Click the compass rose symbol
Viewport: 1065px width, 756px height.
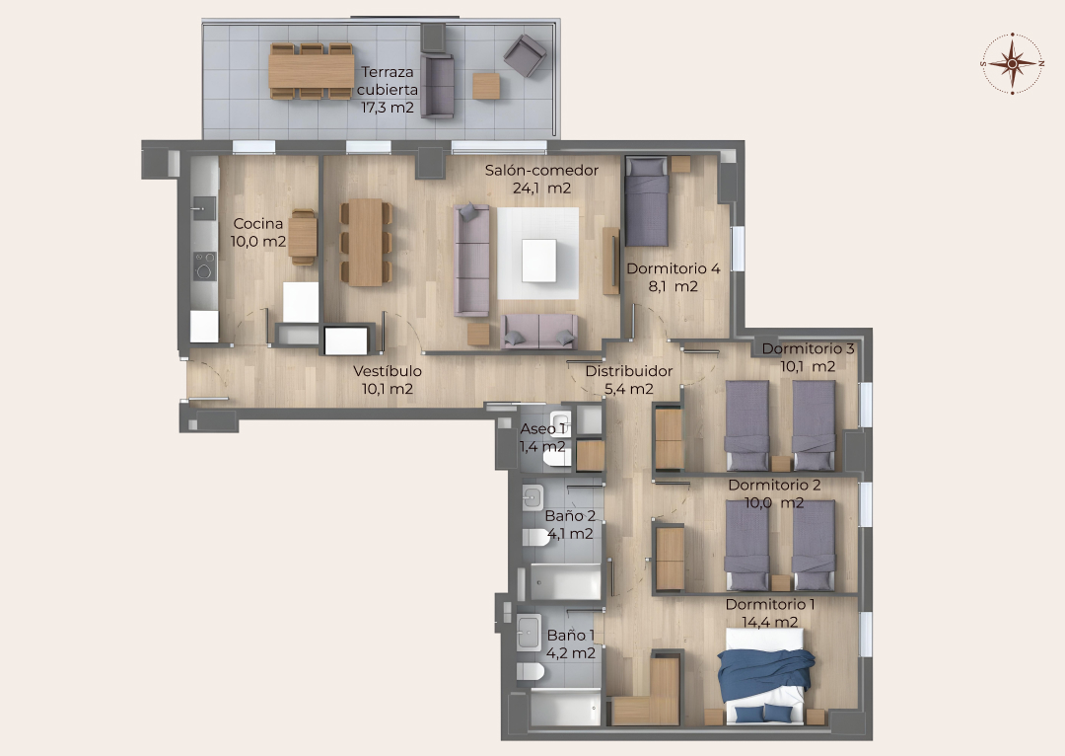point(1012,63)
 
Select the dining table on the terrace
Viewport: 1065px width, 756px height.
point(312,71)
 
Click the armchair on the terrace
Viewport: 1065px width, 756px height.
point(525,55)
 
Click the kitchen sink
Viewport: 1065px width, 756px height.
point(204,208)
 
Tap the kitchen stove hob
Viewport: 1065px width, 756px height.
point(204,265)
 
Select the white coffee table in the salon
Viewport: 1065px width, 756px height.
point(539,261)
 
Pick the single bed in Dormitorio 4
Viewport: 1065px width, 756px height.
point(647,201)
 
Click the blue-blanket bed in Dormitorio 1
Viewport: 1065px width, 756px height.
point(766,675)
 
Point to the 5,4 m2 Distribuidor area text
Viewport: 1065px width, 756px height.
point(629,389)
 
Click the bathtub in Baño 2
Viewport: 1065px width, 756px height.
point(565,582)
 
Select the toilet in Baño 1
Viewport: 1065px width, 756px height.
point(531,672)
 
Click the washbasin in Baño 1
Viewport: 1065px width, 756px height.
point(529,633)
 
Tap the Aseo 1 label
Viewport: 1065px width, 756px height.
point(542,429)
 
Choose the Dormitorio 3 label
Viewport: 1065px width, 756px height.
point(808,348)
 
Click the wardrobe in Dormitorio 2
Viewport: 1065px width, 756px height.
point(670,559)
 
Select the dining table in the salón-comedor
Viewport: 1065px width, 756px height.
point(366,242)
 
